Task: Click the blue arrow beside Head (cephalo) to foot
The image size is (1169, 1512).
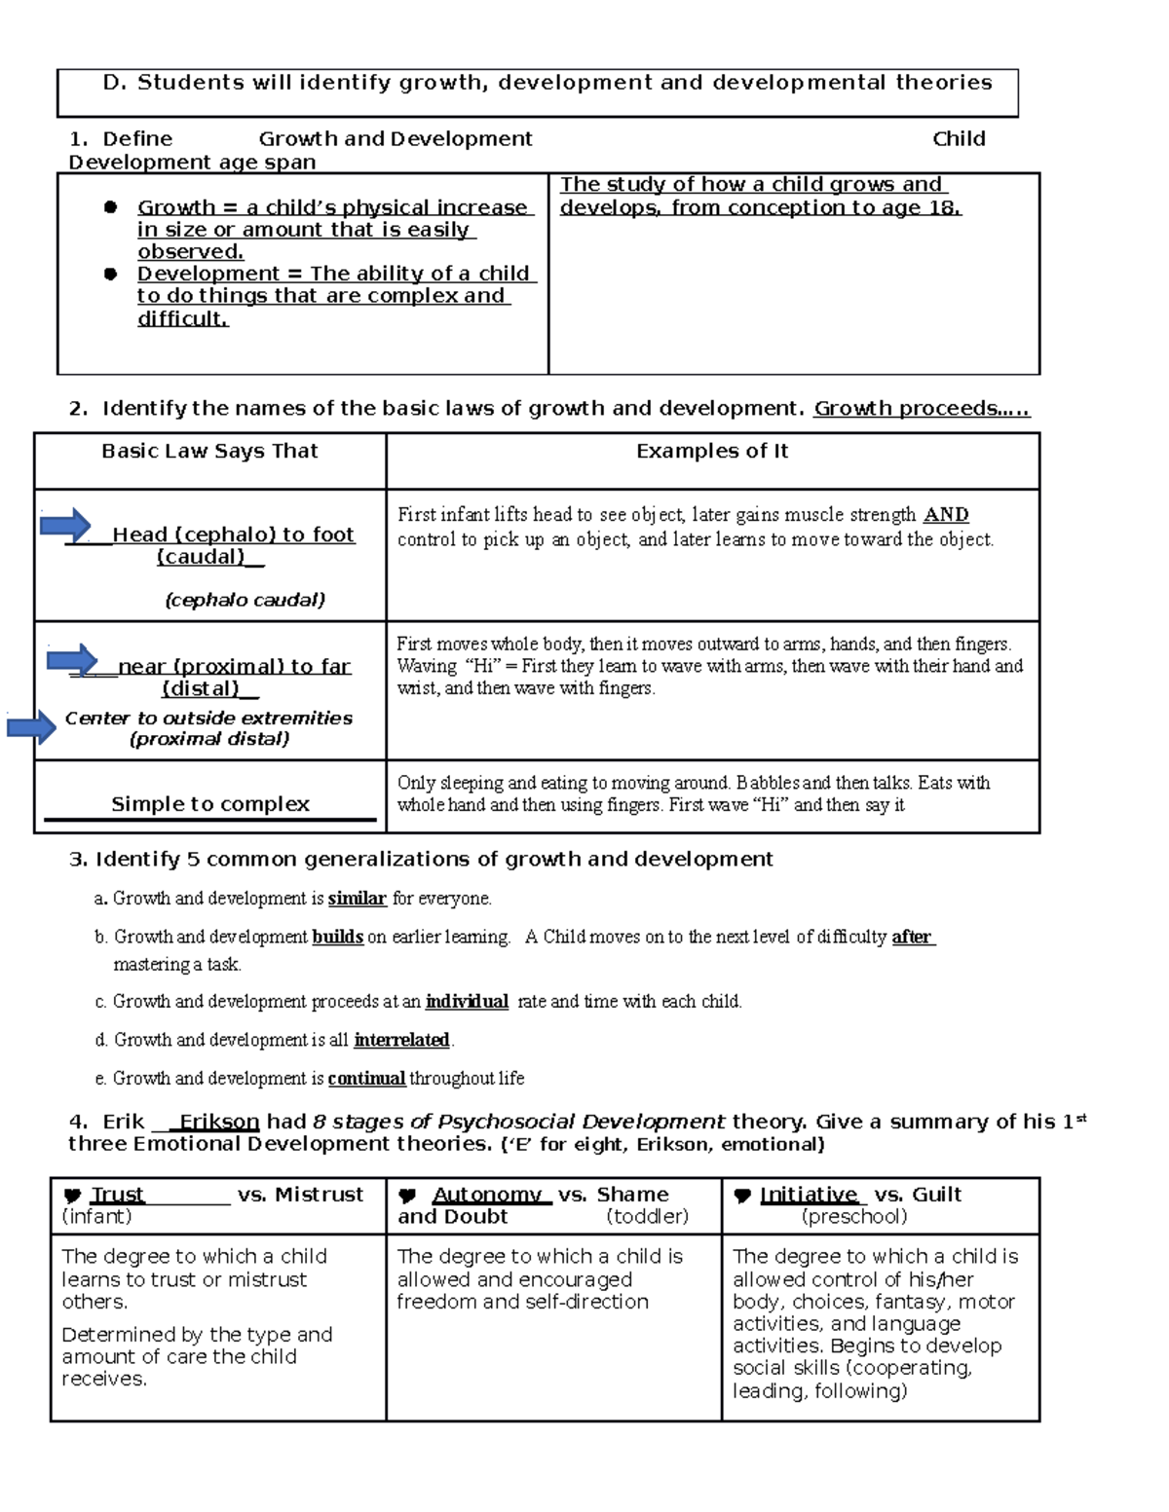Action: click(65, 526)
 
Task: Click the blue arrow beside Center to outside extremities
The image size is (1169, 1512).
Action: click(31, 726)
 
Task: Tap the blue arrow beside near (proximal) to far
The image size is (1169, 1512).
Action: click(72, 659)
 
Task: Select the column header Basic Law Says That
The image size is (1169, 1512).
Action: click(209, 451)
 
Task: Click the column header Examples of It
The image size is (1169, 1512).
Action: click(712, 451)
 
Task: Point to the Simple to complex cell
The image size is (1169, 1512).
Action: click(210, 804)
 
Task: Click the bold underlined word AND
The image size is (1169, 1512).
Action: click(945, 515)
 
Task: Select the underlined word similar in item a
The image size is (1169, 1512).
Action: click(358, 899)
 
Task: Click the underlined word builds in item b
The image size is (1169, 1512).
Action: click(337, 938)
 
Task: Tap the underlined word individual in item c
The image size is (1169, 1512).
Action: click(467, 1002)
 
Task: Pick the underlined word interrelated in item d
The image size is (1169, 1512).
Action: click(401, 1041)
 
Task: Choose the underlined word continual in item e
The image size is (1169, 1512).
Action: click(366, 1079)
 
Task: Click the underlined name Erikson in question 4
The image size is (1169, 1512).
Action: click(219, 1122)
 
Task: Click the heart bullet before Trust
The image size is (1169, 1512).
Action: click(72, 1197)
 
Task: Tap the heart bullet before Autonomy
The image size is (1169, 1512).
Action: click(408, 1197)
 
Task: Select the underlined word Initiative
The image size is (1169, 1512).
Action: click(808, 1195)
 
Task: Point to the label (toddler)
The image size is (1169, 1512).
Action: click(647, 1217)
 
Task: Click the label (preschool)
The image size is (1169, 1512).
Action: click(854, 1217)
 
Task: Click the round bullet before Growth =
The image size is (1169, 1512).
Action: click(110, 207)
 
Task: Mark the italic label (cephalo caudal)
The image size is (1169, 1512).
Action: click(245, 600)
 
